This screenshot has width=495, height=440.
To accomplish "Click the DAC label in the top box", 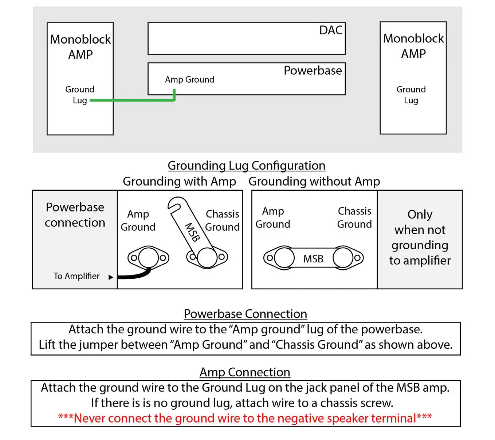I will click(331, 30).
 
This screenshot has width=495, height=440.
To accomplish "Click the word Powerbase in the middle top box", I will click(313, 70).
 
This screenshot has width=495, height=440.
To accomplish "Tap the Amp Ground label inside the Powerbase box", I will click(189, 79).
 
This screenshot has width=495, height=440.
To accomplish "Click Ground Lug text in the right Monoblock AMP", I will click(411, 95).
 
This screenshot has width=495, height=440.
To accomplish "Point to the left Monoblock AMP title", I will click(80, 47).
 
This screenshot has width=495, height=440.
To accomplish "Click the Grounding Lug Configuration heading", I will click(246, 166).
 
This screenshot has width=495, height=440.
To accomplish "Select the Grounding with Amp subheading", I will click(179, 181).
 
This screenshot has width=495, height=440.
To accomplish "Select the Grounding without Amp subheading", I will click(314, 181).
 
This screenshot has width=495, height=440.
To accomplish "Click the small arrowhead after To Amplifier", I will click(111, 277).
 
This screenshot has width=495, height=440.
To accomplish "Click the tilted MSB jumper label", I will click(192, 232).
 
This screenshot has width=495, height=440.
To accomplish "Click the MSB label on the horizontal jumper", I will click(313, 259).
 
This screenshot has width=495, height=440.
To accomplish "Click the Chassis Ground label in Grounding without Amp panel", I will click(354, 218).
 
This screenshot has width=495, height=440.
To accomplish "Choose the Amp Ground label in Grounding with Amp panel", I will click(138, 221).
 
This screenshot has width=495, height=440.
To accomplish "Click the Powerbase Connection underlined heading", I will click(245, 314).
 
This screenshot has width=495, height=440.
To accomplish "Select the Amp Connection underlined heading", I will click(245, 372).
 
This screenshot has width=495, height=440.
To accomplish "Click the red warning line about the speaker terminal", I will click(245, 418).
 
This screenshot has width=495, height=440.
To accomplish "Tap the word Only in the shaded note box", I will click(420, 214).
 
